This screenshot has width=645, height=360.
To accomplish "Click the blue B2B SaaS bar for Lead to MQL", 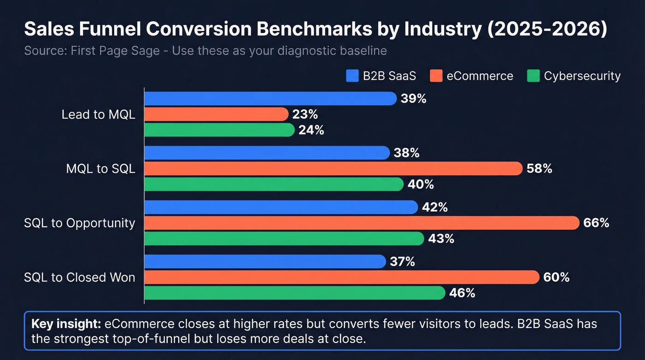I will [270, 99].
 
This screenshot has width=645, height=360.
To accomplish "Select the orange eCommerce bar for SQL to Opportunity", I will [362, 223].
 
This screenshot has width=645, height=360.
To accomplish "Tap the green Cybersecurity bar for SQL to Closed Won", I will [295, 293].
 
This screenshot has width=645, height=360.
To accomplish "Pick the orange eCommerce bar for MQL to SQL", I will [334, 169].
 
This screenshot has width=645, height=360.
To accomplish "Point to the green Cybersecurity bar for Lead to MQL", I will [219, 130].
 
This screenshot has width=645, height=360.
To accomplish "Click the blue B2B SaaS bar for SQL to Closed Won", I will [265, 262].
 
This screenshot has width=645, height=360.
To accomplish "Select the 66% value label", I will [596, 223].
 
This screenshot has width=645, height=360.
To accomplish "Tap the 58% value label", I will [539, 169].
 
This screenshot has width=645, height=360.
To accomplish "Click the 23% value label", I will [305, 114].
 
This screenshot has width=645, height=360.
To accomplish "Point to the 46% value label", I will [462, 293].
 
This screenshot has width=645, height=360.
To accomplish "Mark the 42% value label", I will [435, 207].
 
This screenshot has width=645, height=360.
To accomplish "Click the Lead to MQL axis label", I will [98, 115].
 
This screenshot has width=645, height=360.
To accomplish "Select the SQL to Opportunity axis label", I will [80, 223].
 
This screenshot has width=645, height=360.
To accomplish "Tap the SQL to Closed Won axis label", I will [80, 277].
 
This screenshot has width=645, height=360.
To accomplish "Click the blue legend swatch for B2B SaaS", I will [352, 76].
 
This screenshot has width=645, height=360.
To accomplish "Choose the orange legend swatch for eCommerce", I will [436, 76].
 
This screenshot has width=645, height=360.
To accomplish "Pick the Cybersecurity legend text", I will [582, 76].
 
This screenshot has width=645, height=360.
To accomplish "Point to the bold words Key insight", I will [66, 324].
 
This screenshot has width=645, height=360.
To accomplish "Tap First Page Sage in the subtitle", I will [117, 51].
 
